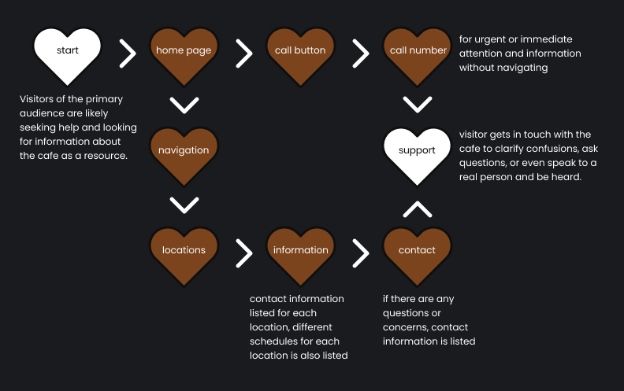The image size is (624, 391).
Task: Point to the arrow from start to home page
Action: (x=127, y=53)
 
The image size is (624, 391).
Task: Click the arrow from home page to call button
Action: (x=243, y=53)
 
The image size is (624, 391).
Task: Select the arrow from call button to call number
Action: (x=360, y=53)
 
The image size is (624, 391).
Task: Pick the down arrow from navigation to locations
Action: (x=184, y=205)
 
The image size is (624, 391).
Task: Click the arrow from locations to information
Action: (x=243, y=253)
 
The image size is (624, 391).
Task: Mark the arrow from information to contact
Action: (x=360, y=253)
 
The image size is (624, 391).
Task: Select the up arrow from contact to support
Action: (x=417, y=208)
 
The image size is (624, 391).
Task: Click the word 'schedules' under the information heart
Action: (x=273, y=341)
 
